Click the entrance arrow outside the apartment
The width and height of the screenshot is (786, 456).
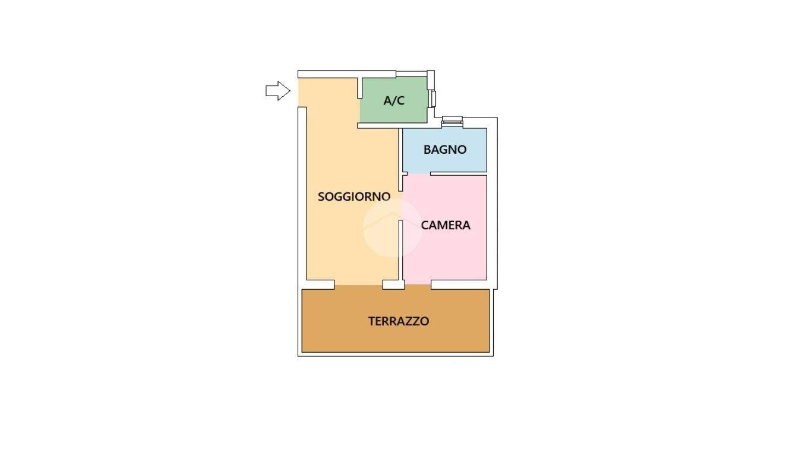pos(278,91)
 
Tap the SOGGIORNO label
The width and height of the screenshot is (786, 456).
pos(354,197)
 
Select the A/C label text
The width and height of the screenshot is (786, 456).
pos(394,101)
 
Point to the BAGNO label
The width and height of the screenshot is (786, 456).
pos(445,150)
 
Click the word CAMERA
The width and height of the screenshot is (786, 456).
pos(446,225)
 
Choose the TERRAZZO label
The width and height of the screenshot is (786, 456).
pos(399,321)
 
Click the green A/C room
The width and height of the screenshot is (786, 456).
pos(394,100)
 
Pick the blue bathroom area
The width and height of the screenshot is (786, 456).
pos(444,150)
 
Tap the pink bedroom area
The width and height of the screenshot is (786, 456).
pos(444,228)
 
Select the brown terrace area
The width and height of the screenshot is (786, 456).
pos(396,320)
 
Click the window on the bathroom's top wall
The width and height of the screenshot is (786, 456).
pos(452,121)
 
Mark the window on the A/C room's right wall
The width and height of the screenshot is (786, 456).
pos(433,99)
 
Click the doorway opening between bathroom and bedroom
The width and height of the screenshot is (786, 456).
pos(419,173)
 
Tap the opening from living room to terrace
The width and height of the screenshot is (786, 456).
pos(358,285)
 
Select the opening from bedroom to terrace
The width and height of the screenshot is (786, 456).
pos(418,285)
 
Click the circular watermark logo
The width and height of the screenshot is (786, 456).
pos(392,227)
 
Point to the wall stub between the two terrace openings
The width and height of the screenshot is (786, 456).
pos(393,285)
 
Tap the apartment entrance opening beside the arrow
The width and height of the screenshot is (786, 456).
pos(302,92)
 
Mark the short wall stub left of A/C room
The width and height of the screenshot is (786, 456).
pos(359,88)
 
